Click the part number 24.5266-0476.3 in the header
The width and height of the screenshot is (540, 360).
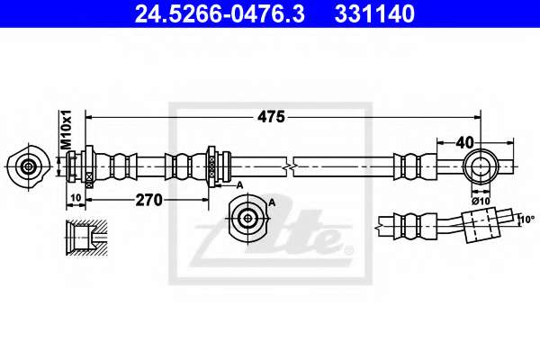tap(220, 14)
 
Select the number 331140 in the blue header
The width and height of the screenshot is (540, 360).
tap(374, 14)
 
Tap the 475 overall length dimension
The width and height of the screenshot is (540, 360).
tap(272, 117)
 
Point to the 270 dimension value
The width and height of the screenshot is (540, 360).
tap(148, 200)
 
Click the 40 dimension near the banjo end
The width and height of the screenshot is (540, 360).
tap(464, 142)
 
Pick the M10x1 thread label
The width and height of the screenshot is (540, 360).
tap(66, 130)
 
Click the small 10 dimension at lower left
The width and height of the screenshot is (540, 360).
tap(76, 198)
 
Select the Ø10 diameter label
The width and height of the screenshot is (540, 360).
tap(481, 201)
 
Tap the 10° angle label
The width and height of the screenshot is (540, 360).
tap(527, 219)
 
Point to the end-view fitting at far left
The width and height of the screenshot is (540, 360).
tap(28, 167)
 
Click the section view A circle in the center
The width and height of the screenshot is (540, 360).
tap(247, 218)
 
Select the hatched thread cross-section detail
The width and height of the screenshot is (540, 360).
tap(86, 237)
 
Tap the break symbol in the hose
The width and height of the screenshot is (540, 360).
tap(290, 167)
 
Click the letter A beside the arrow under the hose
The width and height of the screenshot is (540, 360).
tap(239, 185)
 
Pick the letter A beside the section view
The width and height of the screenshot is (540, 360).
tap(272, 202)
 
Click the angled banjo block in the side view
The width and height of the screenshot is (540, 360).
tap(480, 225)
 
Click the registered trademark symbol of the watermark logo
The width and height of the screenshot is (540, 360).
tap(348, 250)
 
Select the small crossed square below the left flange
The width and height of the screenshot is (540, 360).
tap(89, 175)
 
